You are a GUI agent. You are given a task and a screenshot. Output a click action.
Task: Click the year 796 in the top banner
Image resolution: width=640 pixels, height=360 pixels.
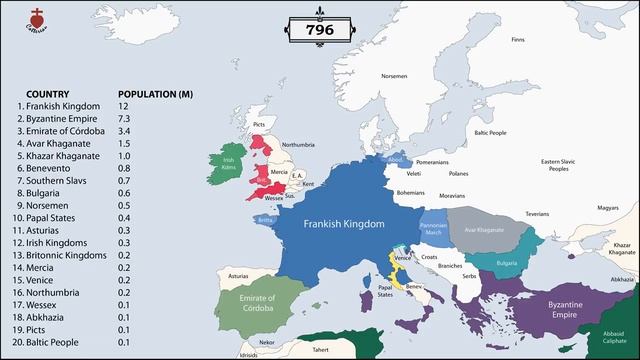coord(319,32)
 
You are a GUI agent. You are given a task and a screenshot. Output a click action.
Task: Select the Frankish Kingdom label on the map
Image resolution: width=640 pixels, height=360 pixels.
coord(344,225)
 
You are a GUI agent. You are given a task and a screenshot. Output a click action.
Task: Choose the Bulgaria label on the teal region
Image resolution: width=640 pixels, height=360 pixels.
coord(507,263)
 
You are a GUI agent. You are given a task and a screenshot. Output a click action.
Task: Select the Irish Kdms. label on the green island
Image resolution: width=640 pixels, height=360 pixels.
coord(229,163)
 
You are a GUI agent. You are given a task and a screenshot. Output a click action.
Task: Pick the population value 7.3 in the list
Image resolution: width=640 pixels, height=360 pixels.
coord(123,118)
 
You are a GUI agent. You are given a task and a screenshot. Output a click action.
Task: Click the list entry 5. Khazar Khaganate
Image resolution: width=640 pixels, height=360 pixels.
coord(60,155)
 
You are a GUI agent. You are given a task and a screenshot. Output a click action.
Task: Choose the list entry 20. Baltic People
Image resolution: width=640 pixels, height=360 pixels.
coord(51,342)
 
